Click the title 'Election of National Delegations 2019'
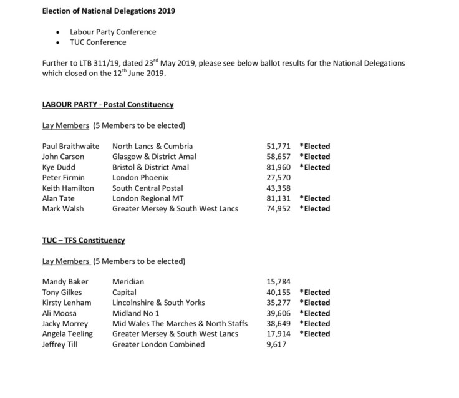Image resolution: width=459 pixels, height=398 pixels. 109,11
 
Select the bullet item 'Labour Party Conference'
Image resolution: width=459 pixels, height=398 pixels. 113,32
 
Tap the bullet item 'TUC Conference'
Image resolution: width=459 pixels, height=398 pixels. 98,42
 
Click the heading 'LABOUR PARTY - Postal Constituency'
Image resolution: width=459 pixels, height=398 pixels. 107,104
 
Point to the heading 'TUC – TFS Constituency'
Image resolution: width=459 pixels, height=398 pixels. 84,240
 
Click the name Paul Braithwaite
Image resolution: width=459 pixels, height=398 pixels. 70,146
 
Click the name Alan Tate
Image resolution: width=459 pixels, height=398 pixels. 59,198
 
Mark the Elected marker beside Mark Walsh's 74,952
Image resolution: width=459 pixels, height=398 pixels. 315,208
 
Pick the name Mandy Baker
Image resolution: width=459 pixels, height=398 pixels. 65,282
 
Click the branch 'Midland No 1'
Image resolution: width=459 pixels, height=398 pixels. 136,313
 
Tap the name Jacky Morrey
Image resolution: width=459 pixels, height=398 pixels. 65,323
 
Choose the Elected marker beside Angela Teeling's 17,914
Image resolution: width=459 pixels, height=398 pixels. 315,334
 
